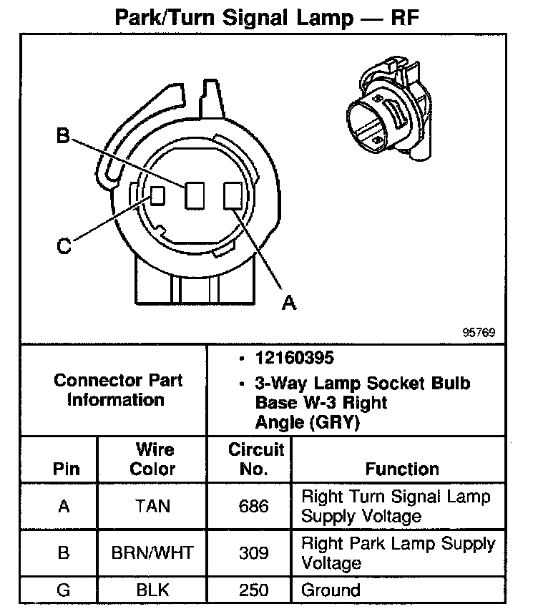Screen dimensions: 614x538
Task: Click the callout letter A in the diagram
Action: click(288, 303)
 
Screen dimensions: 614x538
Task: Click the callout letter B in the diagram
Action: click(63, 136)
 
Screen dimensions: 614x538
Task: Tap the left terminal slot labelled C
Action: click(157, 195)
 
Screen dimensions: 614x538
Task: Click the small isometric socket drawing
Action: click(387, 107)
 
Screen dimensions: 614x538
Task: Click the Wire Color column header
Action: click(154, 459)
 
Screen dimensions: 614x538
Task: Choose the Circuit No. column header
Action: click(256, 459)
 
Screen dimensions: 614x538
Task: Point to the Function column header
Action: click(402, 469)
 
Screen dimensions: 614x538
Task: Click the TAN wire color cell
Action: click(153, 506)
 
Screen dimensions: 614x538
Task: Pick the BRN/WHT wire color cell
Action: click(153, 553)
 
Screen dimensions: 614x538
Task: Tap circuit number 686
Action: click(254, 506)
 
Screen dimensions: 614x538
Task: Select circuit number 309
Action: click(254, 553)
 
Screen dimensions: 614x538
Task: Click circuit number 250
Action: click(254, 590)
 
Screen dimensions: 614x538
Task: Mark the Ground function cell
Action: click(331, 590)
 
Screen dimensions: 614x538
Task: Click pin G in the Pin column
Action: click(64, 590)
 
